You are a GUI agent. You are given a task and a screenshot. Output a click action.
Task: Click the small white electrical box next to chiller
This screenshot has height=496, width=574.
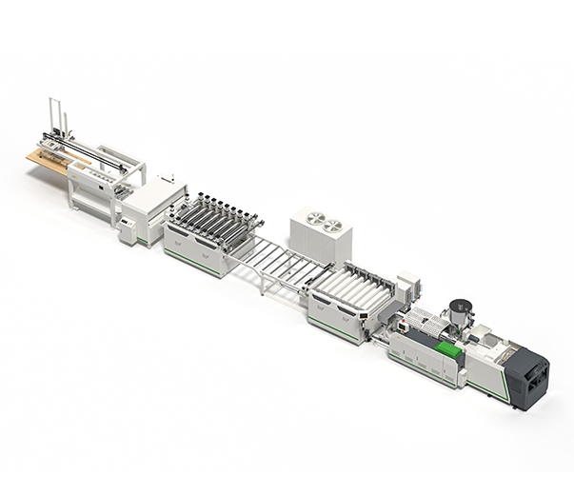[408, 285]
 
